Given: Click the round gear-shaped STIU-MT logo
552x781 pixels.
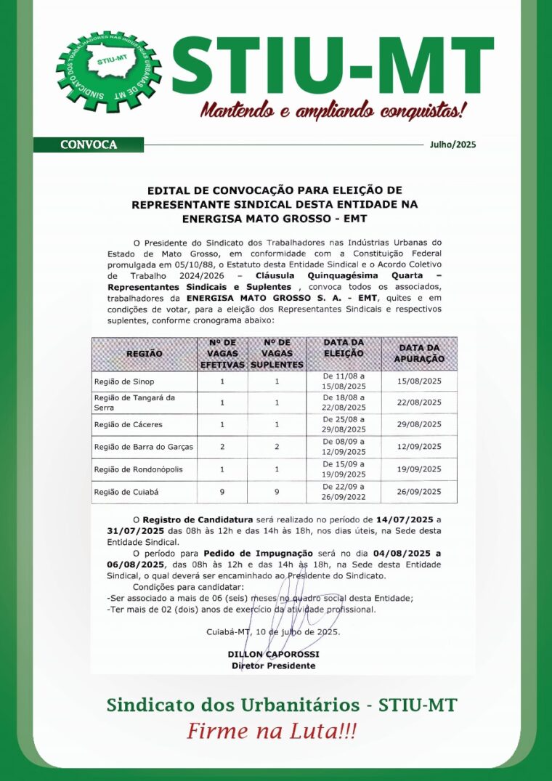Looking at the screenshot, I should (108, 71).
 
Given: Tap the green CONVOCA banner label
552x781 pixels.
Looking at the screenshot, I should (89, 145).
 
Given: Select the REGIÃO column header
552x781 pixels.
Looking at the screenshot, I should (145, 354).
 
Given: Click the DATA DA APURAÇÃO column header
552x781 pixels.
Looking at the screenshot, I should (418, 354).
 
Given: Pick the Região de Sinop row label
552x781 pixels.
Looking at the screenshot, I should (124, 381).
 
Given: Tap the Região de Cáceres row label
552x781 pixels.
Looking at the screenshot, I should (129, 424).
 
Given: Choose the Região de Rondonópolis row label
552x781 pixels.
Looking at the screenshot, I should (138, 469).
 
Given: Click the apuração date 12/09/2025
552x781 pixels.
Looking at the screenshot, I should (419, 447).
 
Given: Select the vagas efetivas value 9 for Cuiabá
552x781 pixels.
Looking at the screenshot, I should (222, 492).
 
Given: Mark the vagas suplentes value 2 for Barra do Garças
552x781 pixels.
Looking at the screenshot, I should (277, 447).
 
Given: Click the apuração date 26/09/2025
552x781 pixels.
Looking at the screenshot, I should (419, 492).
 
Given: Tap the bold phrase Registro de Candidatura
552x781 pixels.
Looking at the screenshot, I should (197, 520).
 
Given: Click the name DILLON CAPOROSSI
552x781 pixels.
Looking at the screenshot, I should (273, 655).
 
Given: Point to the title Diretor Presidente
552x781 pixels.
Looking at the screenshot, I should (273, 665).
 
